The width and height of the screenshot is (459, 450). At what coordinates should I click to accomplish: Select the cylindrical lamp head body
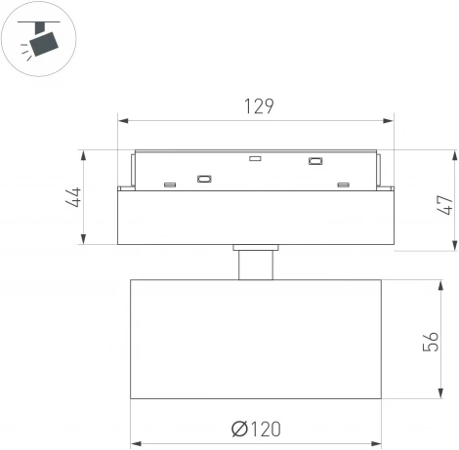(x=256, y=339)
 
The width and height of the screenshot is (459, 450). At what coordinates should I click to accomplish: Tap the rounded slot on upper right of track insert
(x=315, y=162)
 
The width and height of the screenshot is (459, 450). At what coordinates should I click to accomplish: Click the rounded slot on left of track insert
(x=205, y=179)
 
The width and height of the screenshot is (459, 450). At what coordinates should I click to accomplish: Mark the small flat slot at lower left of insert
(x=169, y=184)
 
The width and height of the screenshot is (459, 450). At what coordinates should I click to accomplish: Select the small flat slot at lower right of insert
(x=343, y=184)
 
